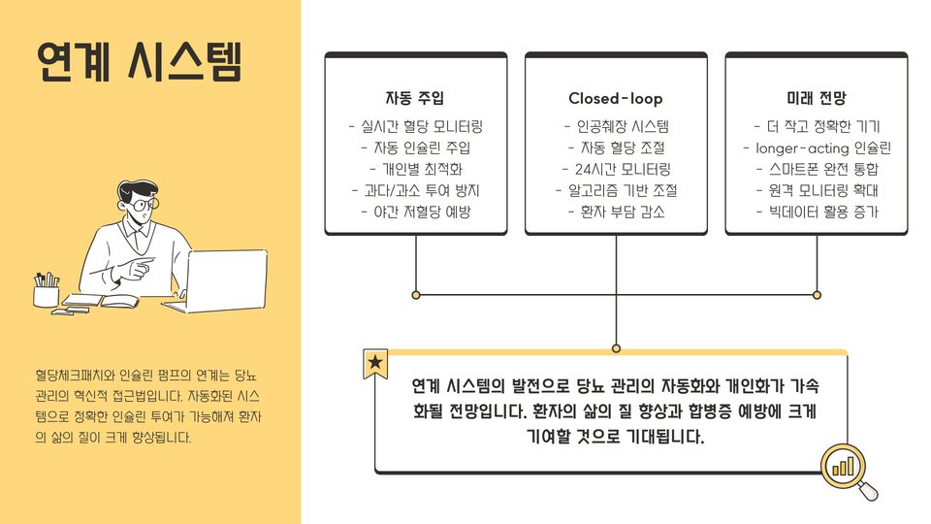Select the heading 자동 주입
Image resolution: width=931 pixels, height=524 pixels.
coord(415,98)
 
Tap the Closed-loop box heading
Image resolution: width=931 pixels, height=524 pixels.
coord(616,98)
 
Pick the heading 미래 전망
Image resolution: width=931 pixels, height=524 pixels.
coord(816,98)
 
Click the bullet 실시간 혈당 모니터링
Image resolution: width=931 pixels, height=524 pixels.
coord(415,126)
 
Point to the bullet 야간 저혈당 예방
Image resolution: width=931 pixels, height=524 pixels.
coord(415,212)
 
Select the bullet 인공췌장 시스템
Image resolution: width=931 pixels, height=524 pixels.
coord(616,126)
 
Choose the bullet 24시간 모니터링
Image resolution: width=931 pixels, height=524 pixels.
coord(616,169)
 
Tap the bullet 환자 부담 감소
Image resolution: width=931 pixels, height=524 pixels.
coord(616,212)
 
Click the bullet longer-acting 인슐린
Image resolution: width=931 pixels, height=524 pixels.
coord(816,147)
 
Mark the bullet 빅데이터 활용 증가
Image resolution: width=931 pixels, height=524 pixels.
coord(816,212)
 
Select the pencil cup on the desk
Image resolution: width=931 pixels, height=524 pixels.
coord(46,292)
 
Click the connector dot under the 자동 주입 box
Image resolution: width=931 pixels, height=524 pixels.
coord(416,294)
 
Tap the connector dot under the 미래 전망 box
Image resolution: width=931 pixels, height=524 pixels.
coord(817,294)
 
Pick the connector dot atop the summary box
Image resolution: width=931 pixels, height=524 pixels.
coord(616,347)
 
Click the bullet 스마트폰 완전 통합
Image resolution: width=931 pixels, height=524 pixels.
coord(816,169)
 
